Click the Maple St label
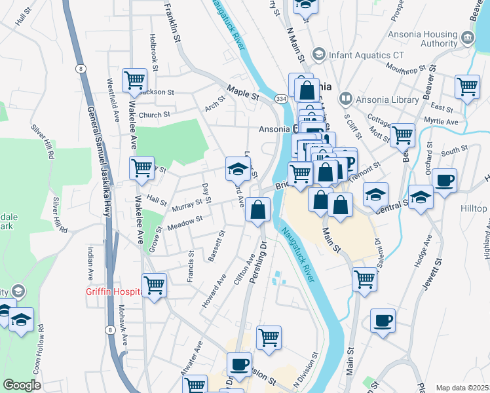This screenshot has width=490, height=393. click(243, 92)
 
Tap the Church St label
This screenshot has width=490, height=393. click(154, 115)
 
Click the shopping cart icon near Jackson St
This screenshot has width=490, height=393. click(134, 81)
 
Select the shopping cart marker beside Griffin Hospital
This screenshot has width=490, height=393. click(154, 285)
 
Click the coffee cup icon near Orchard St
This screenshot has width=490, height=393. click(444, 179)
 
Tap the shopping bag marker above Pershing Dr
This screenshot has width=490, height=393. click(259, 210)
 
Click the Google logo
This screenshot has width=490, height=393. click(22, 385)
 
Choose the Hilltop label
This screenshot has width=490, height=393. click(474, 208)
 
